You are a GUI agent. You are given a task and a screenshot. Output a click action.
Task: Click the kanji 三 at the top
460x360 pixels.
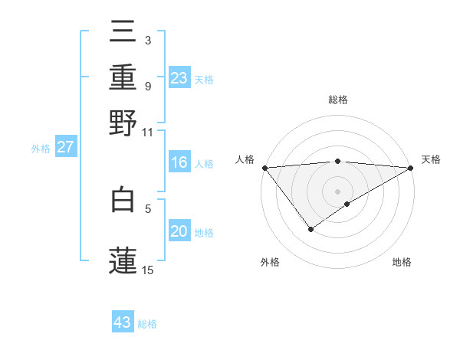[x=123, y=34]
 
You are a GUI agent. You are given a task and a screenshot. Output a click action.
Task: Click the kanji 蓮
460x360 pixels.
[x=123, y=259]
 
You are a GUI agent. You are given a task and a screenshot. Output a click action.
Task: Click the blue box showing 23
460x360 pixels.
[x=179, y=78]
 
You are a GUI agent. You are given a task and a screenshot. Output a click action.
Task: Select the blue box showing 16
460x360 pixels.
[x=179, y=162]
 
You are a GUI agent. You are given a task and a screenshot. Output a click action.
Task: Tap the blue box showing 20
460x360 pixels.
[x=179, y=231]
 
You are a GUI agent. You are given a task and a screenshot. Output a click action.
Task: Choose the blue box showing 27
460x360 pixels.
[x=65, y=147]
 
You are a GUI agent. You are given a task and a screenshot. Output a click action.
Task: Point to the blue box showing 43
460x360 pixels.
[x=123, y=322]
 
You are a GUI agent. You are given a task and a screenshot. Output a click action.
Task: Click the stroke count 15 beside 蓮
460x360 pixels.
[x=148, y=270]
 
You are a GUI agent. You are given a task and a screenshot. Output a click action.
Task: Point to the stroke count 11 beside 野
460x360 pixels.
[x=148, y=132]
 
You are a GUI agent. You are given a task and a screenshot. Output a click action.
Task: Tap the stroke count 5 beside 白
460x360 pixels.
[x=148, y=208]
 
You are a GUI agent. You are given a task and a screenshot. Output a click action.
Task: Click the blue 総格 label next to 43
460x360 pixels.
[x=147, y=324]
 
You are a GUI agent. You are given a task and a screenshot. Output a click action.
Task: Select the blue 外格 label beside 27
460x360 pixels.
[x=41, y=149]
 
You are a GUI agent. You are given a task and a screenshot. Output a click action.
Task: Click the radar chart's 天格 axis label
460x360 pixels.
[x=431, y=159]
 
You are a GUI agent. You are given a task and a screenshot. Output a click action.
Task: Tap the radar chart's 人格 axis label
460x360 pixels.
[x=245, y=159]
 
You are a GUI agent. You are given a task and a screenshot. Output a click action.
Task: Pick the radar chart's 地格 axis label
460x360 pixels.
[x=402, y=262]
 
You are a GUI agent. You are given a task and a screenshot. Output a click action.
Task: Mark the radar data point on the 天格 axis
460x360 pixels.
[x=411, y=167]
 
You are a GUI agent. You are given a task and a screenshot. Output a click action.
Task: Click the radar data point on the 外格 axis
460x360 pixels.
[x=310, y=228]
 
